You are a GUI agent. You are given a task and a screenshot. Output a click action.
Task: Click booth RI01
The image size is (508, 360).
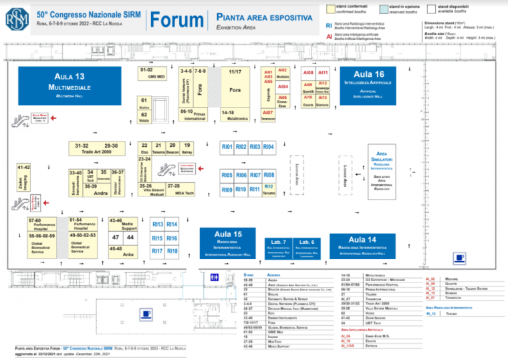227,147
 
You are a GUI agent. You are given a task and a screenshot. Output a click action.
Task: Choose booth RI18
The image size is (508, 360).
172,251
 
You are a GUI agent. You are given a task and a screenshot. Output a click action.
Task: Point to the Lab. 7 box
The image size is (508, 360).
279,245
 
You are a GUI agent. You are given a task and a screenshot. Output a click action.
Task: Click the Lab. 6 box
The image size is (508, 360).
307,245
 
